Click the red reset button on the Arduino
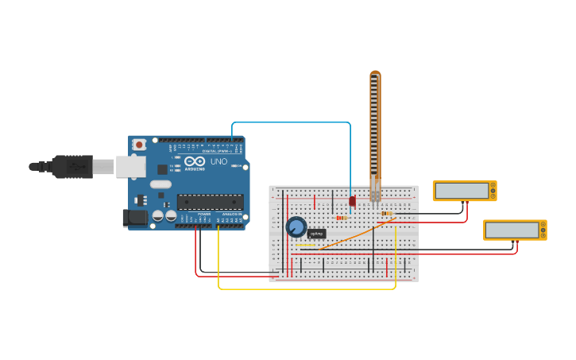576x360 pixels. (x=140, y=145)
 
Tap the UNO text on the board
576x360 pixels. (x=218, y=161)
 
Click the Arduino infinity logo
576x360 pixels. (x=195, y=161)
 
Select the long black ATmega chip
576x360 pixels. (x=210, y=202)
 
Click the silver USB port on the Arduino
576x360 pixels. (x=131, y=166)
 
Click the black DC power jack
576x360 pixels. (x=136, y=217)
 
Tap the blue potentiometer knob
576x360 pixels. (x=296, y=227)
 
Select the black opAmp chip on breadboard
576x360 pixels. (x=317, y=234)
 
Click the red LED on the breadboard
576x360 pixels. (x=352, y=201)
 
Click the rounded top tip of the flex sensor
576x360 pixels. (x=375, y=75)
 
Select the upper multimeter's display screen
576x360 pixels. (x=462, y=191)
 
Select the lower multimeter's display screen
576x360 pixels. (x=512, y=230)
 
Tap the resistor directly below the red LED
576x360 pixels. (x=341, y=217)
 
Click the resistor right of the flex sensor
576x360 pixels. (x=387, y=213)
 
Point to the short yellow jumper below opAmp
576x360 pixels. (x=306, y=246)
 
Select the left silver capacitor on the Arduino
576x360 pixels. (x=158, y=215)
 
